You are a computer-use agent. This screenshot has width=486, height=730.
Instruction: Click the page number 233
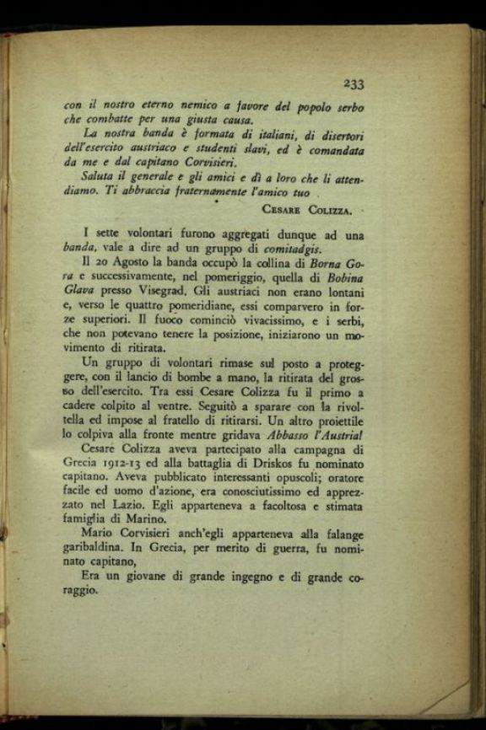[x=353, y=83]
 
